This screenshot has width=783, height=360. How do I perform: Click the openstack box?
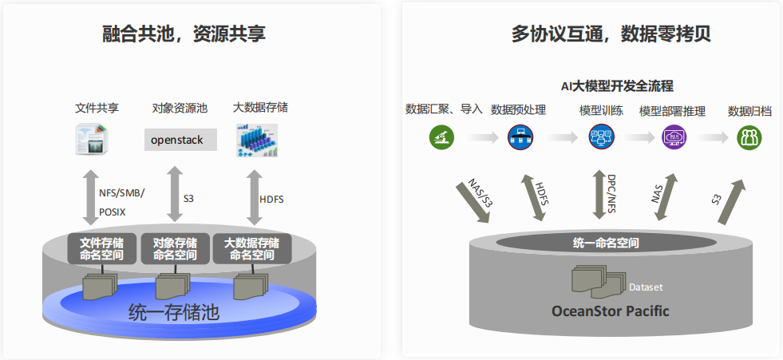click(x=176, y=140)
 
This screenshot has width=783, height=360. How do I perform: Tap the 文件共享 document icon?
click(x=93, y=139)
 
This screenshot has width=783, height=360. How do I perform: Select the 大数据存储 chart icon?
click(x=255, y=140)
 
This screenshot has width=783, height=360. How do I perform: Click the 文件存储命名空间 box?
click(x=101, y=248)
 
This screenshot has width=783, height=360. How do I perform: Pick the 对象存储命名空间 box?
click(x=175, y=248)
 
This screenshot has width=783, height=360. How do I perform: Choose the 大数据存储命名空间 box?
click(x=251, y=248)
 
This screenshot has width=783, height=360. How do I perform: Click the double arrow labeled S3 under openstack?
click(x=174, y=194)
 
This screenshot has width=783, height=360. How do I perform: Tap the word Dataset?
click(x=646, y=287)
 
